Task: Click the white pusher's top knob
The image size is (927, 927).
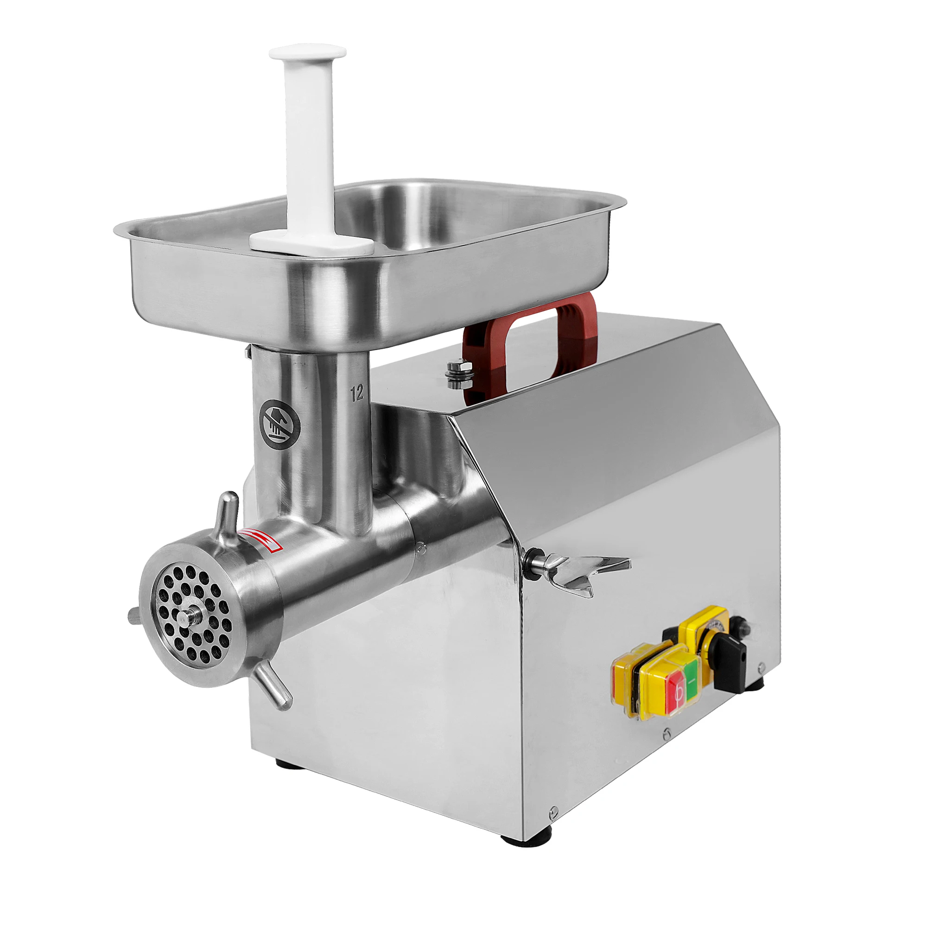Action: tap(308, 52)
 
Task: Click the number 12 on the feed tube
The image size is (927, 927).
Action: tap(357, 393)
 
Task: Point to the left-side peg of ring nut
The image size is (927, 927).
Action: tap(134, 615)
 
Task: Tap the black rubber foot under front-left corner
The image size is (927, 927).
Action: tap(288, 763)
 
